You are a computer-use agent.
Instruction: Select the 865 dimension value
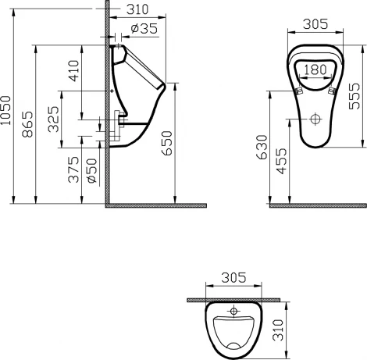(x=27, y=124)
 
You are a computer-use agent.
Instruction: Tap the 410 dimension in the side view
(x=73, y=71)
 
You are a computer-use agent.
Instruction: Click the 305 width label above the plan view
(x=233, y=277)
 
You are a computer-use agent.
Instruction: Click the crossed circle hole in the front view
(x=316, y=120)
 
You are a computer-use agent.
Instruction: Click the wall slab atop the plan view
(x=233, y=298)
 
